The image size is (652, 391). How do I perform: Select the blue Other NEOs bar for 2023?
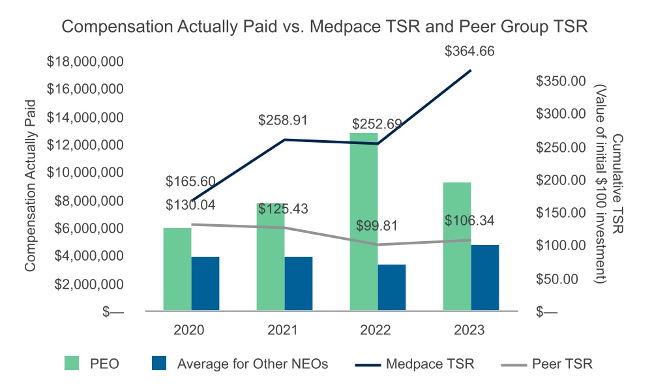pyautogui.click(x=484, y=278)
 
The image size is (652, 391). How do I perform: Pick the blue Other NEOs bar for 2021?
pyautogui.click(x=299, y=284)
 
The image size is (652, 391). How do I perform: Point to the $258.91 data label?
pyautogui.click(x=282, y=121)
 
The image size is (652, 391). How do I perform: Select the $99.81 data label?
pyautogui.click(x=376, y=226)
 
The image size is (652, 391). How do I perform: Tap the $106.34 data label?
pyautogui.click(x=469, y=221)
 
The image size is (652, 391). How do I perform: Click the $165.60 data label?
pyautogui.click(x=190, y=182)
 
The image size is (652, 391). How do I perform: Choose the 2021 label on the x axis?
pyautogui.click(x=282, y=330)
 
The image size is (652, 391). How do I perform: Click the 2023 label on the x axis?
pyautogui.click(x=469, y=330)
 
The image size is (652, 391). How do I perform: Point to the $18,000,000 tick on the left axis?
pyautogui.click(x=87, y=63)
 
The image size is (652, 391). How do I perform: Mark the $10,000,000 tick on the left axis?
pyautogui.click(x=87, y=173)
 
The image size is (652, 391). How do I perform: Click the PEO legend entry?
pyautogui.click(x=104, y=364)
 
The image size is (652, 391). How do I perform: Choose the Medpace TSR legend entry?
pyautogui.click(x=430, y=364)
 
